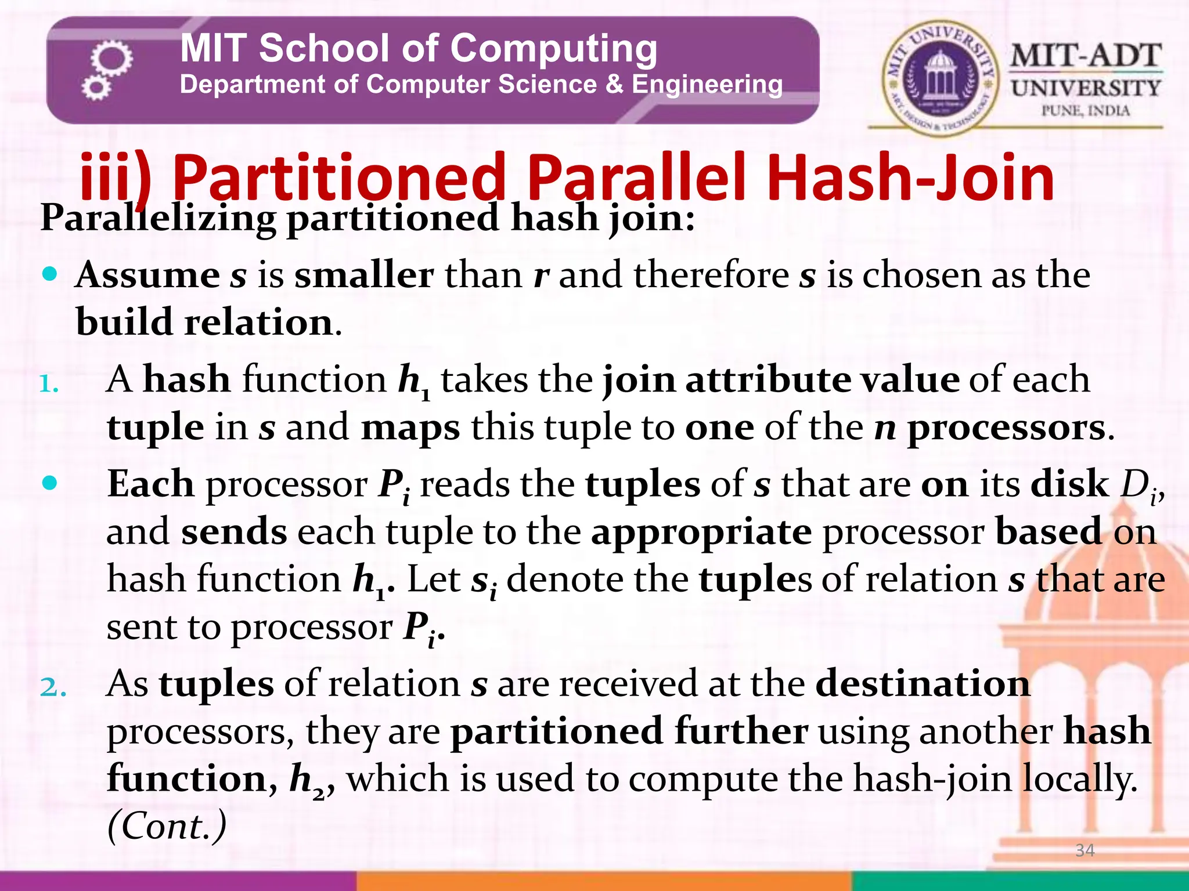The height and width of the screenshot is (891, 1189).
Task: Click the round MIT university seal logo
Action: tap(940, 76)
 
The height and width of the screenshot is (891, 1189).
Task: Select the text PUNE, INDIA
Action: tap(1085, 110)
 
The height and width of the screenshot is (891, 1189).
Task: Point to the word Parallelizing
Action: tap(158, 218)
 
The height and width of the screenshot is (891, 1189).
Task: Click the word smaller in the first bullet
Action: tap(364, 274)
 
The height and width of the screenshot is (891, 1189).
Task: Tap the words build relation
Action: tap(204, 322)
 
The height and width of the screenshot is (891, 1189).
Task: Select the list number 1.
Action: tap(49, 384)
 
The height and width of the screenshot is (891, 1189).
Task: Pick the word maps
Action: tap(410, 428)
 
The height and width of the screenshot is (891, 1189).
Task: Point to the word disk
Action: tap(1069, 484)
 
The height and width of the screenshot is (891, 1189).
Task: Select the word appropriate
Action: tap(701, 531)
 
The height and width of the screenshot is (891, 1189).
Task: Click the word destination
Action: tap(923, 683)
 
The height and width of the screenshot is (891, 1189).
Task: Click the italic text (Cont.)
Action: tap(167, 826)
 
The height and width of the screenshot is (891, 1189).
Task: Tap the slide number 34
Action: tap(1084, 850)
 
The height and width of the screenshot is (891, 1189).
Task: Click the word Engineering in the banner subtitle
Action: tap(707, 85)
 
